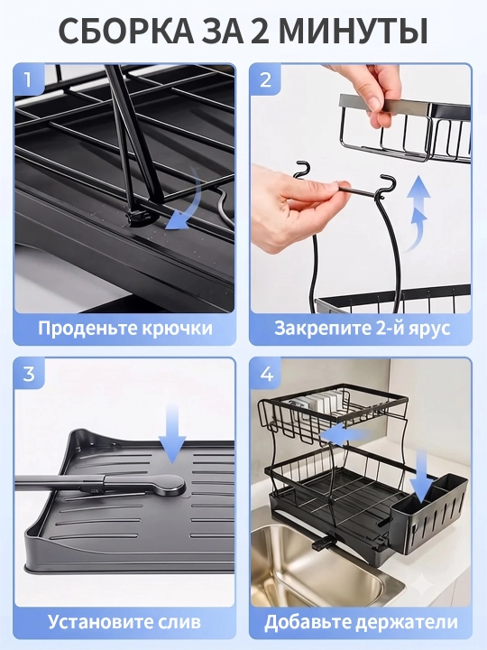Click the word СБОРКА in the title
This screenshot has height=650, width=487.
(x=127, y=31)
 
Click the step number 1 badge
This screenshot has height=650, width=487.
(x=28, y=79)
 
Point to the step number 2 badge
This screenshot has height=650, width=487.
(x=265, y=79)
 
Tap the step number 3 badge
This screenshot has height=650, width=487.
(x=29, y=374)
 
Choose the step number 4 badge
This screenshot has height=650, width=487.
(x=266, y=374)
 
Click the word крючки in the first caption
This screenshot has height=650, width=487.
(x=178, y=329)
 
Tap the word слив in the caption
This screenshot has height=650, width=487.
(x=180, y=622)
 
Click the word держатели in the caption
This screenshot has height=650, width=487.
(x=407, y=622)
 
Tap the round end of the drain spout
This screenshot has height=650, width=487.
(x=170, y=485)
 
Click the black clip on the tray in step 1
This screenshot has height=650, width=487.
(x=138, y=217)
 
